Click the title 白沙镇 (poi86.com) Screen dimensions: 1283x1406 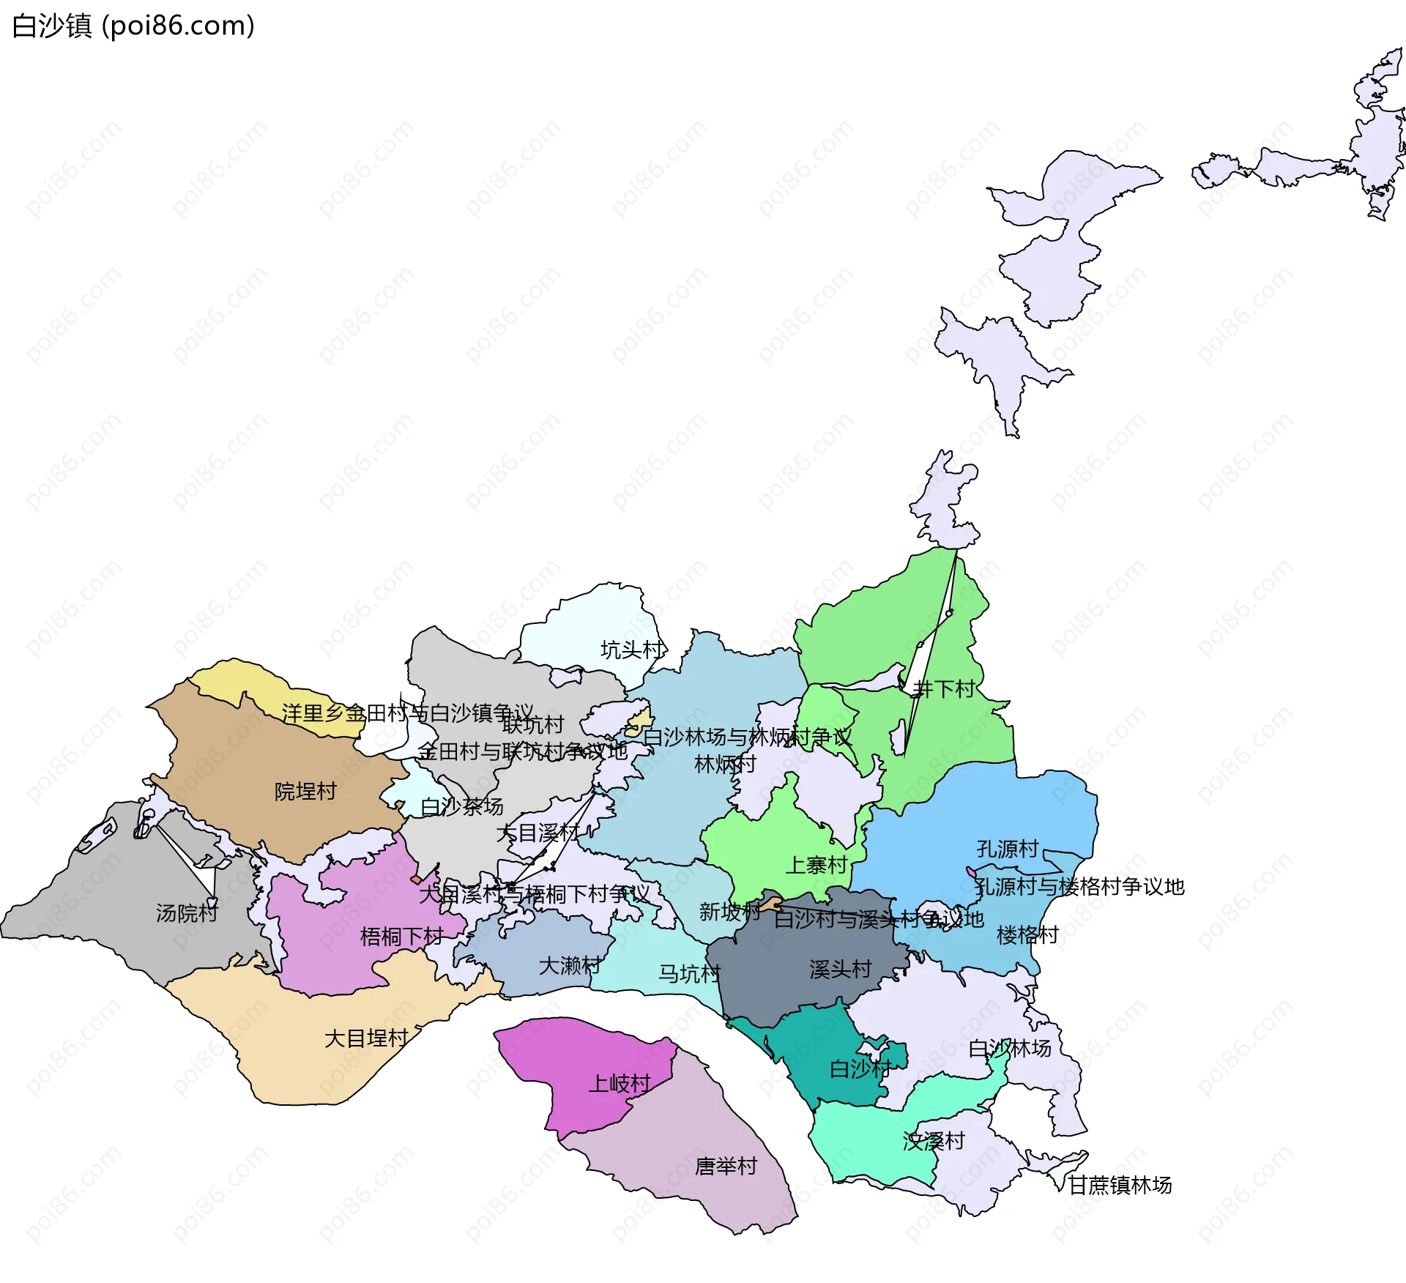(x=133, y=26)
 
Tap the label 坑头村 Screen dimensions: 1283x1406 (x=632, y=650)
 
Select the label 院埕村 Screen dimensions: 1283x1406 (x=305, y=792)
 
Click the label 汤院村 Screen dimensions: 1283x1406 (x=187, y=913)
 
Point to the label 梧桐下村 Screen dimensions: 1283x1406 (x=401, y=937)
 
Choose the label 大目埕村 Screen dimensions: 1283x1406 (x=365, y=1038)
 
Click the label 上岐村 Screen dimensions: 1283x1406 (x=620, y=1084)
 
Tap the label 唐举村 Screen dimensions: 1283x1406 (x=726, y=1167)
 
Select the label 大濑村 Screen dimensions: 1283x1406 (x=570, y=966)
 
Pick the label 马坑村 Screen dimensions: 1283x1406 (x=689, y=974)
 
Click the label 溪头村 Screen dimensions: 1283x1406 (x=840, y=970)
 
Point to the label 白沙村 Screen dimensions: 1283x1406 (x=860, y=1069)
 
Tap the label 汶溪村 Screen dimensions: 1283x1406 (x=934, y=1141)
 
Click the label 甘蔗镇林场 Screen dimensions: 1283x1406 (x=1120, y=1185)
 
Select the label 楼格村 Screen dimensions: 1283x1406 (x=1027, y=935)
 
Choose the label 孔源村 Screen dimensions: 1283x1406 (x=1007, y=849)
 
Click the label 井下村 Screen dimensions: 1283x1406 (x=944, y=688)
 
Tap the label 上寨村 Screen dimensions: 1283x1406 (x=816, y=866)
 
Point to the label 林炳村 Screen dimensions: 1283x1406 (x=725, y=765)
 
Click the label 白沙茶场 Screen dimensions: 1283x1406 (x=461, y=806)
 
